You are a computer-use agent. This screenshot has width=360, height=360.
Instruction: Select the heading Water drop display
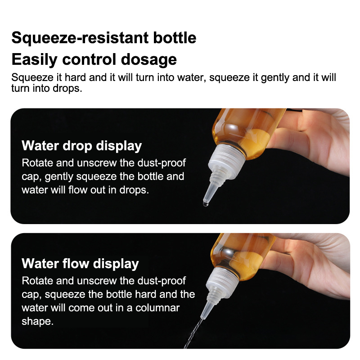point(82,146)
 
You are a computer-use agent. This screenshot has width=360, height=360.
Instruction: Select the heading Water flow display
point(81,264)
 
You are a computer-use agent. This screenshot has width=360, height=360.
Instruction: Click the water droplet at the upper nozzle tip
point(206,204)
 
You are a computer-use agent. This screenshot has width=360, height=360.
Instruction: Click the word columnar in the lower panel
point(157,308)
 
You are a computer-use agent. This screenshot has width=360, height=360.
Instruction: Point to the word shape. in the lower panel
point(38,322)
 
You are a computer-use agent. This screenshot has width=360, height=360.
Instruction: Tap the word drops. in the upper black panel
point(134,190)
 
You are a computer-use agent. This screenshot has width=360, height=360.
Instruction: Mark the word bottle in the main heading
point(175,38)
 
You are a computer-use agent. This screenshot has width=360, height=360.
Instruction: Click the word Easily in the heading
point(35,60)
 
